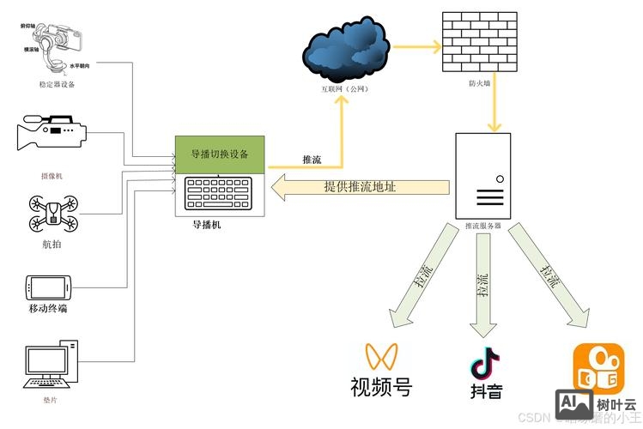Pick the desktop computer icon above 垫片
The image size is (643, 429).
(52, 365)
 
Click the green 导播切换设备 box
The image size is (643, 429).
(221, 154)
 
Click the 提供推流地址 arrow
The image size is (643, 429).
(361, 187)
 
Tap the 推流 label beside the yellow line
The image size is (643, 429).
(312, 160)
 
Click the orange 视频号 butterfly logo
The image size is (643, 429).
(381, 356)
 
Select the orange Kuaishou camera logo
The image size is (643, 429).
(595, 366)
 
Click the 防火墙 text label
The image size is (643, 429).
(479, 84)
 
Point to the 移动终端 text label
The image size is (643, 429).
(48, 308)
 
